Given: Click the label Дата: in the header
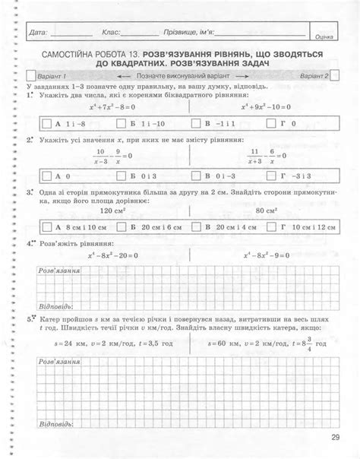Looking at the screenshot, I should pyautogui.click(x=37, y=34).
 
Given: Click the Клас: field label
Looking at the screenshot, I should pyautogui.click(x=111, y=34).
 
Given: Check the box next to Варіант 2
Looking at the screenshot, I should pyautogui.click(x=333, y=77).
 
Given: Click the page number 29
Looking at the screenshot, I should pyautogui.click(x=336, y=437).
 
